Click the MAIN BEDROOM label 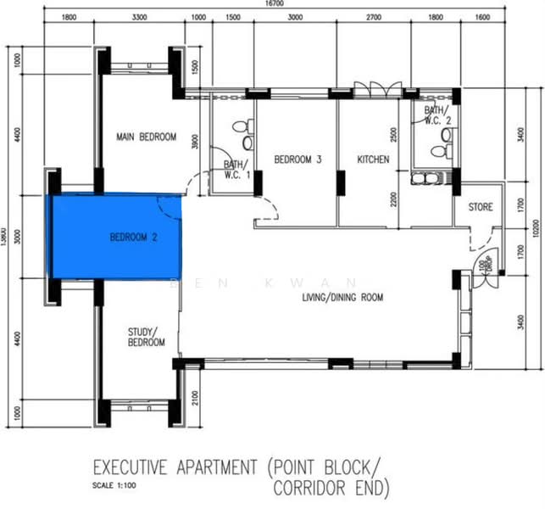146,137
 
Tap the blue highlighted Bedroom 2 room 116,237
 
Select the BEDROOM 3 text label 298,159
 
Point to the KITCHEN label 373,159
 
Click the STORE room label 480,207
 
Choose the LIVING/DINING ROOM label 343,298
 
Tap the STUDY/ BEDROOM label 147,337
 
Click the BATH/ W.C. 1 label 236,170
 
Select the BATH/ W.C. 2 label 437,115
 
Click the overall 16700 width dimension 274,4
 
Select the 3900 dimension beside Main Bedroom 195,142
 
